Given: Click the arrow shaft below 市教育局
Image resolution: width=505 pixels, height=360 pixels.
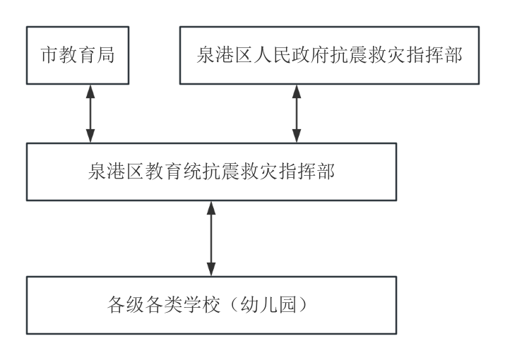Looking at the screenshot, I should (90, 114).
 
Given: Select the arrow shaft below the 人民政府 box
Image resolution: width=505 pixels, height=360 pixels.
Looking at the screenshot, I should (297, 114).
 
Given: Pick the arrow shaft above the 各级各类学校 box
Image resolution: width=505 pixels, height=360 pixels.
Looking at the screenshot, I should (210, 239).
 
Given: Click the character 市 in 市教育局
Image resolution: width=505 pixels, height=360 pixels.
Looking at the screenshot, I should (49, 55).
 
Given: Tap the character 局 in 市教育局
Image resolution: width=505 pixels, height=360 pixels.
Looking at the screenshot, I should (106, 55).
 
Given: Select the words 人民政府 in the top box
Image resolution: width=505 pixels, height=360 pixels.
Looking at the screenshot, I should (286, 55).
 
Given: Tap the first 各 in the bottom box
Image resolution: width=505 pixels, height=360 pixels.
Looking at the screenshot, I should (117, 305).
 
